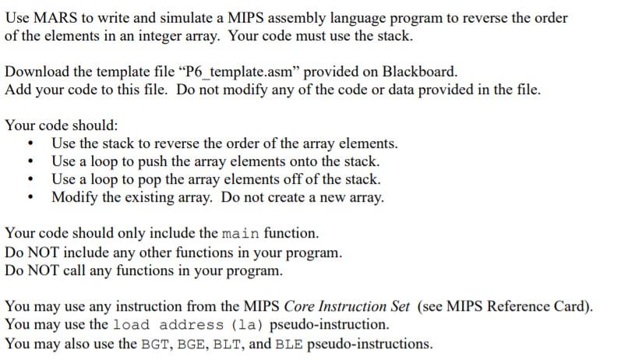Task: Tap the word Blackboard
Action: pyautogui.click(x=418, y=72)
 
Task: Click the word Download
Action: pyautogui.click(x=36, y=72)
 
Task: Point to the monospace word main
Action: pyautogui.click(x=241, y=234)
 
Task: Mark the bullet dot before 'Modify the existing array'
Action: pyautogui.click(x=30, y=197)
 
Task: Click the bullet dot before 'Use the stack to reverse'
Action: pyautogui.click(x=30, y=144)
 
